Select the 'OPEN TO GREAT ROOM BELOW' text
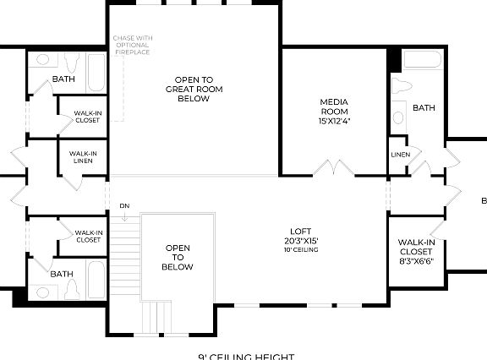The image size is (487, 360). pos(194,89)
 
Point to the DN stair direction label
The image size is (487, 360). pos(124,205)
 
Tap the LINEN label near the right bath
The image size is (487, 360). pos(400,155)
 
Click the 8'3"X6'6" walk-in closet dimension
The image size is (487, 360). pos(417,261)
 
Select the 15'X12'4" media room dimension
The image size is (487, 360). pos(334,121)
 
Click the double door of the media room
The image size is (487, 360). pos(334,168)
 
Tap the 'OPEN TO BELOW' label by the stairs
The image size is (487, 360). pos(178,258)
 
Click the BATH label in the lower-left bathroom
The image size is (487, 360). pos(62,274)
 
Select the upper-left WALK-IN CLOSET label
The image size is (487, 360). pos(87,116)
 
